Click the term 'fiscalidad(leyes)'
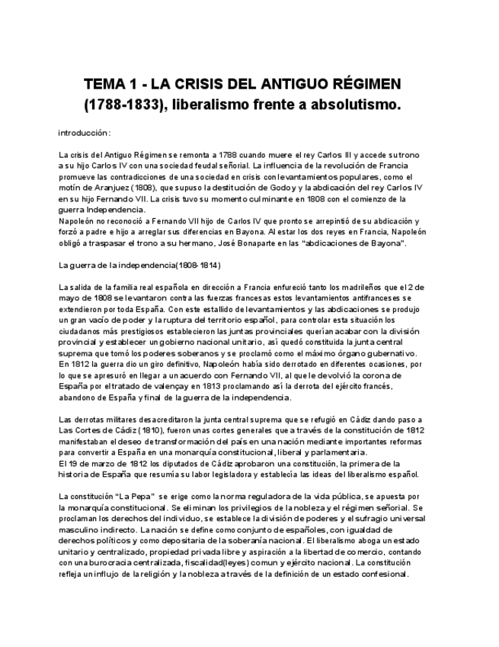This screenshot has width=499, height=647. coord(194,564)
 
